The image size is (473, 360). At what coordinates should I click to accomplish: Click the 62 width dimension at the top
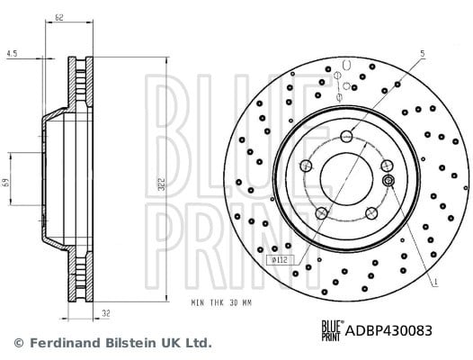tap(59, 18)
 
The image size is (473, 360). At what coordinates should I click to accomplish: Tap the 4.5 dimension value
tap(12, 54)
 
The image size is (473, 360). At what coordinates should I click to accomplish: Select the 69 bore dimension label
tap(6, 183)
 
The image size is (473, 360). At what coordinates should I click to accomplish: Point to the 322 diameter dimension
tap(162, 184)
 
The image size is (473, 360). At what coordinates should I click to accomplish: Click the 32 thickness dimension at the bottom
tap(105, 314)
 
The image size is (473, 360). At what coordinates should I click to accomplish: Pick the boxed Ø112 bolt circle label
tap(280, 260)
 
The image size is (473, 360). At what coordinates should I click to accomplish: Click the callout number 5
tap(423, 54)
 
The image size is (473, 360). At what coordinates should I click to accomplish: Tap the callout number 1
tap(435, 283)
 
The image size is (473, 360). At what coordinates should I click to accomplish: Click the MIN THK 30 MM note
tap(221, 302)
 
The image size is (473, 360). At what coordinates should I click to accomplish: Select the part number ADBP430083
tap(388, 330)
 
